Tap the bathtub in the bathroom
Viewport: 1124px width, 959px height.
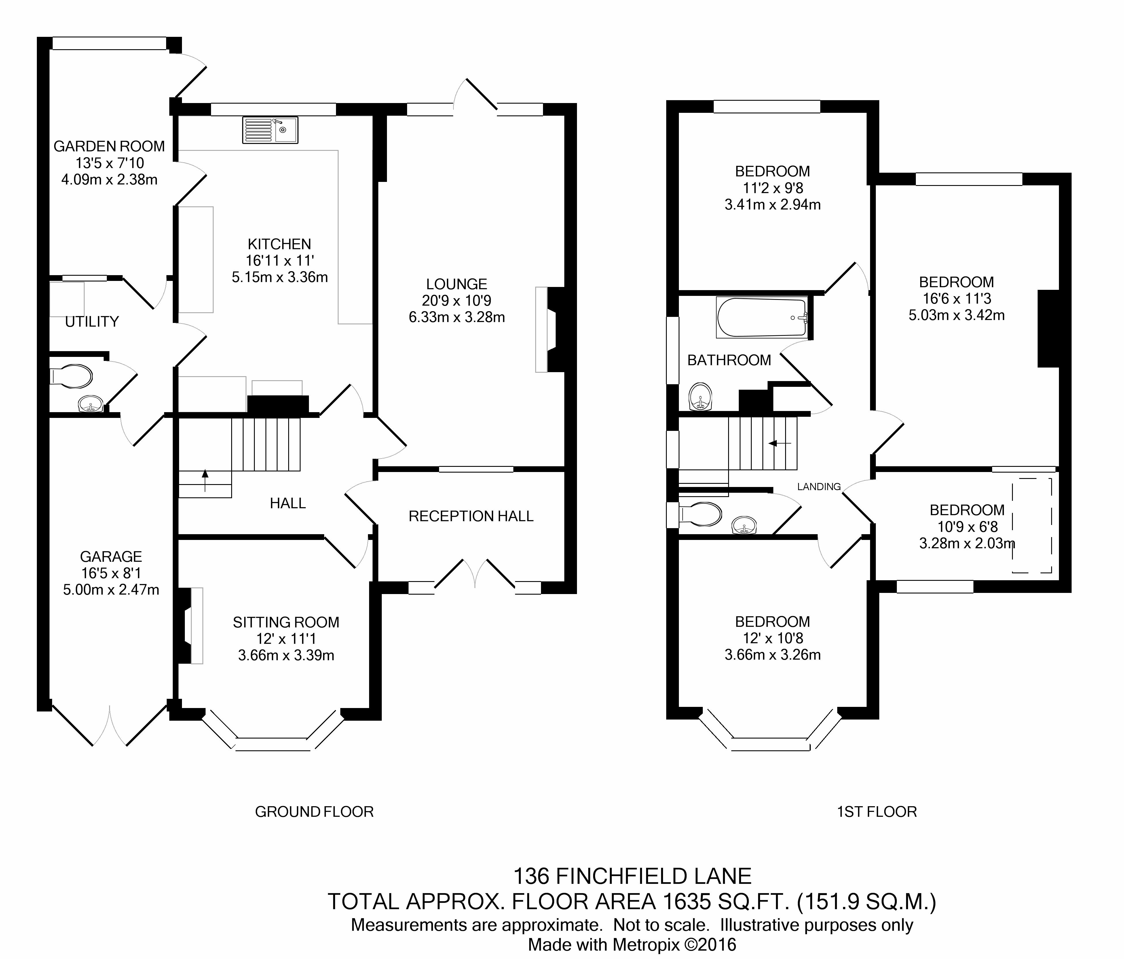coord(762,317)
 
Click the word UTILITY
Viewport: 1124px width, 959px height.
coord(92,322)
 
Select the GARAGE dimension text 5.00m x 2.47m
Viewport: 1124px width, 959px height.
coord(111,590)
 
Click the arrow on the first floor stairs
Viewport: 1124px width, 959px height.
coord(780,443)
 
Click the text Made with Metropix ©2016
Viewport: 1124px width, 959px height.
coord(633,945)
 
